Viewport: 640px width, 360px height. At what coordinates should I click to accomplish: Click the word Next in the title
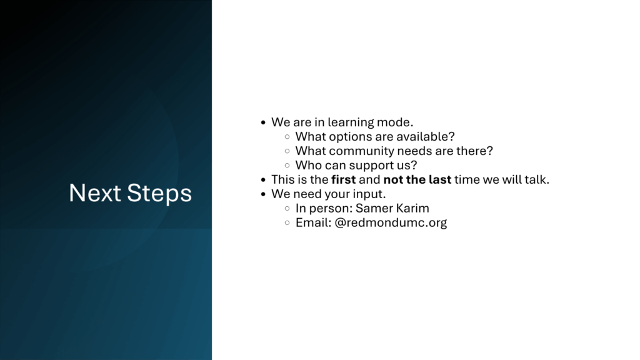click(95, 192)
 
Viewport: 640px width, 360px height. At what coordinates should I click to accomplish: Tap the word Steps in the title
click(159, 194)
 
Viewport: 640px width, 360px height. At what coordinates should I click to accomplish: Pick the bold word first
click(343, 179)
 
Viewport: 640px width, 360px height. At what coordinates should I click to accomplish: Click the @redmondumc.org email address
click(391, 223)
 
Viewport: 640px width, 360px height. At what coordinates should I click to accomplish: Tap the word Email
click(312, 223)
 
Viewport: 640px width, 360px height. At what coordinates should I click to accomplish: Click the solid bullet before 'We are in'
click(263, 122)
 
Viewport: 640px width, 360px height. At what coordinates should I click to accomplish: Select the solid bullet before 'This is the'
click(263, 180)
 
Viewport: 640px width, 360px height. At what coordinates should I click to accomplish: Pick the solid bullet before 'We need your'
click(263, 194)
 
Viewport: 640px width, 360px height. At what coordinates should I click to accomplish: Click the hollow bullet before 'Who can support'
click(287, 166)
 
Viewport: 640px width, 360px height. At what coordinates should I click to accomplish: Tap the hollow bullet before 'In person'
click(287, 209)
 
